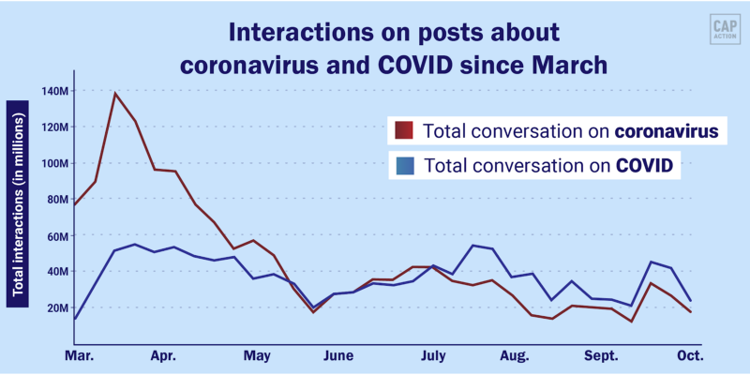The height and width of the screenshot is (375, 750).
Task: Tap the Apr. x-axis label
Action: click(163, 356)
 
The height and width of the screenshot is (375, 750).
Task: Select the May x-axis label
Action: click(256, 356)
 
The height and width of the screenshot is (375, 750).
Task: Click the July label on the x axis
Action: click(432, 356)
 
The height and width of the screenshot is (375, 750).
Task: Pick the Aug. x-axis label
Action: click(515, 356)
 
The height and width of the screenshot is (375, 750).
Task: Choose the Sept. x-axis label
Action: click(603, 356)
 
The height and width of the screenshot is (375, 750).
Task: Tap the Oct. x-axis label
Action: click(690, 356)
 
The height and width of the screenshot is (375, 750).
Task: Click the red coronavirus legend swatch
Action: click(404, 131)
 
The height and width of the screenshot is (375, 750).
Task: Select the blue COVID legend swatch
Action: click(404, 166)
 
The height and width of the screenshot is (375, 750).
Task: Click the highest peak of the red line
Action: click(114, 93)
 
